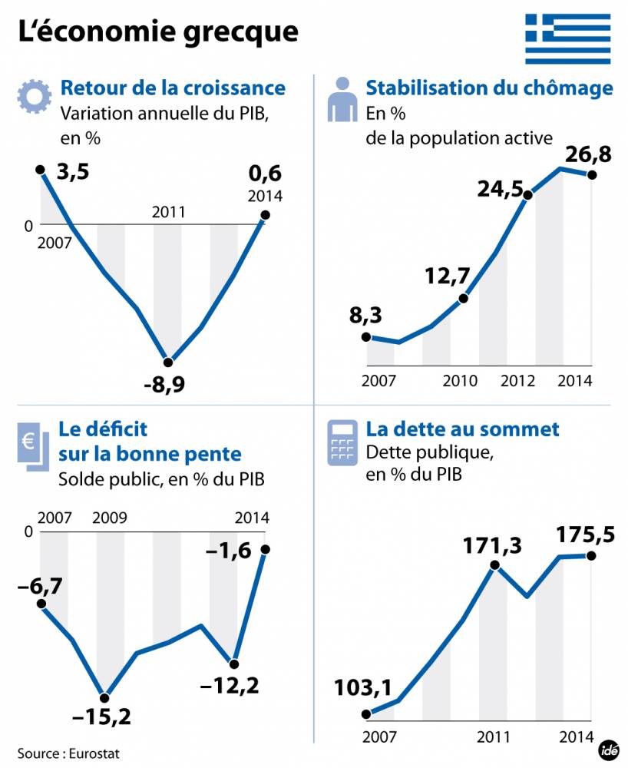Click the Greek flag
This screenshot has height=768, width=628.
pos(568,38)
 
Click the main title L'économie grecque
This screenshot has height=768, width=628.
pos(157,31)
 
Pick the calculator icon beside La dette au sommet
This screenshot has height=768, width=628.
pos(342,442)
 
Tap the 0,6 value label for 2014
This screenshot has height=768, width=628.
pos(266,174)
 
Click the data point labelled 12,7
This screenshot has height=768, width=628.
pos(463,299)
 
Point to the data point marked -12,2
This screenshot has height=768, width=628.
pos(234,664)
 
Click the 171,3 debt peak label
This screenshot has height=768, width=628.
pos(492,546)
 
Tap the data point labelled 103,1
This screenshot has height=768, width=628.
pos(366,713)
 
